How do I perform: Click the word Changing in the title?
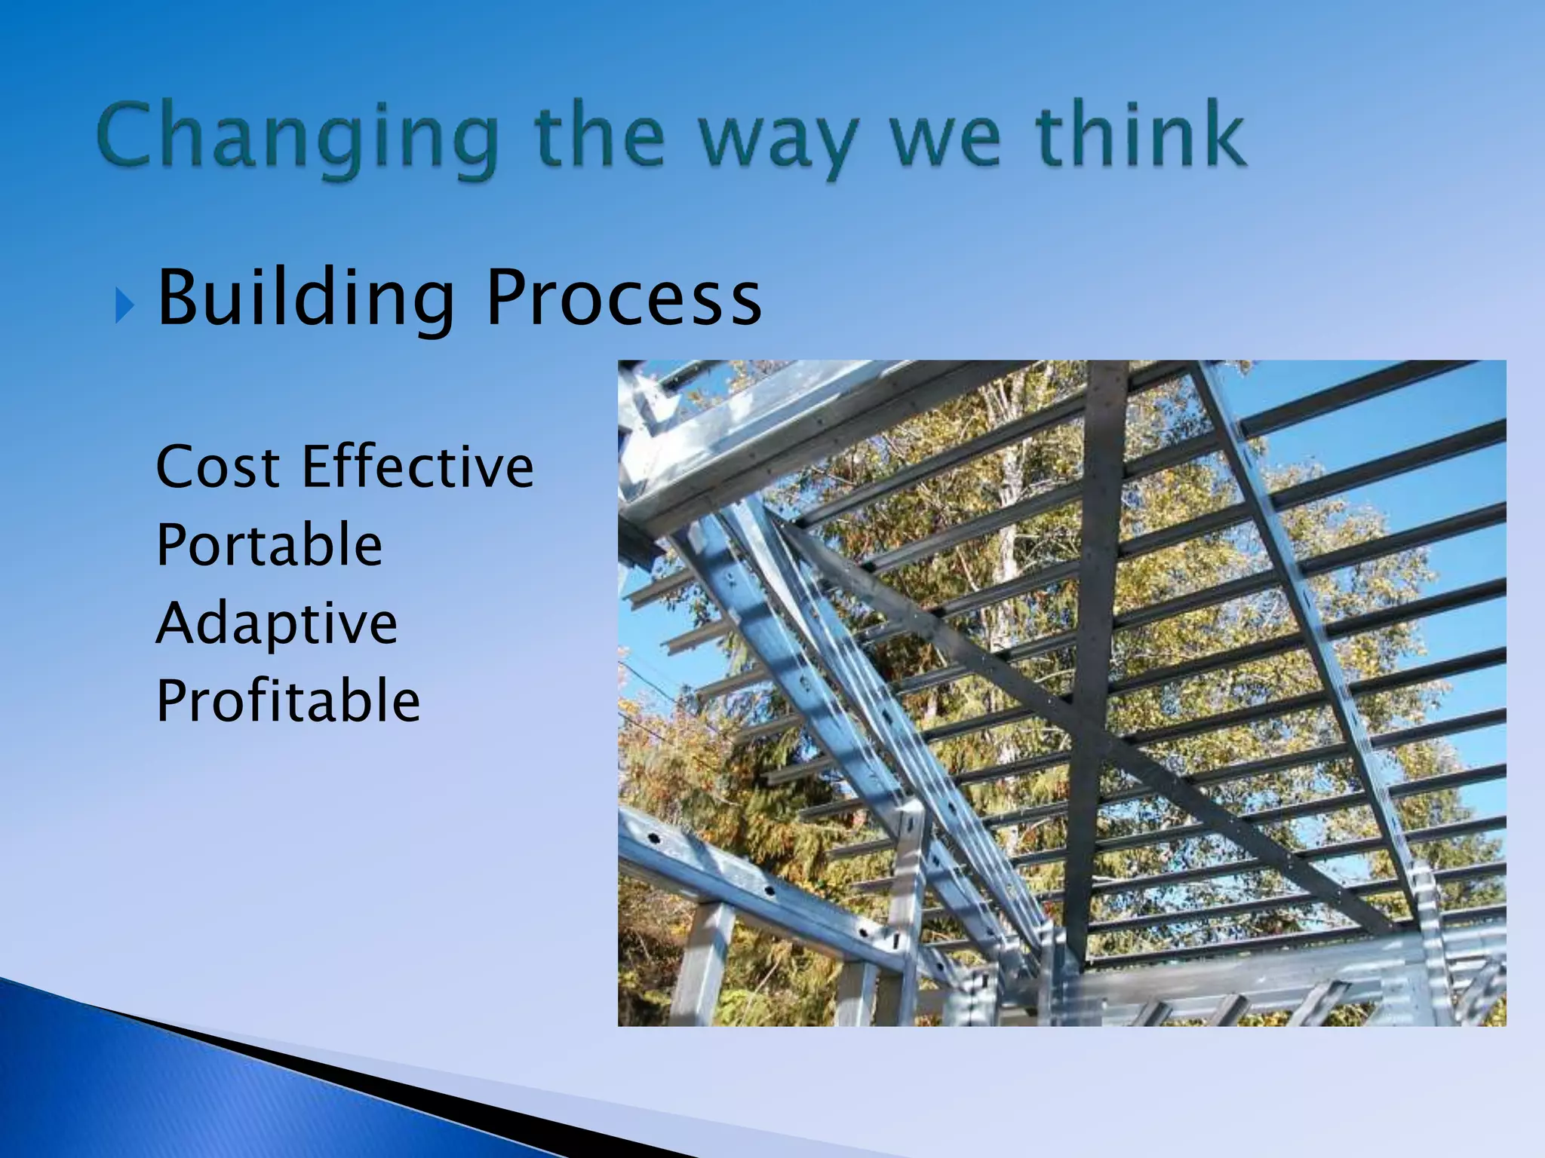297,137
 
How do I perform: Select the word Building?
306,300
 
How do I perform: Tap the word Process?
623,299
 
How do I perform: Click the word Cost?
218,467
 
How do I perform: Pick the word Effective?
418,467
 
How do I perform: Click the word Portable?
269,545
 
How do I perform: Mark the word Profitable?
287,701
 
